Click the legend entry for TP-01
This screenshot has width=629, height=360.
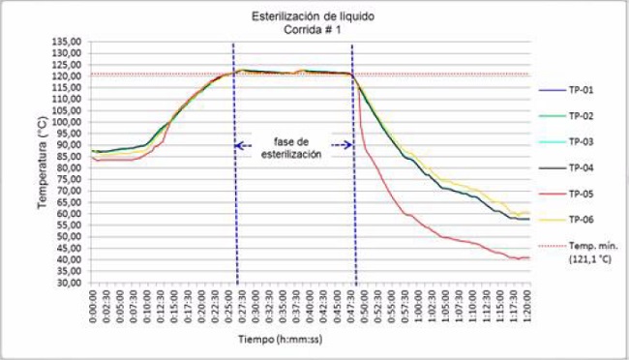[x=580, y=90]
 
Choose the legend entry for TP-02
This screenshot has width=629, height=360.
[x=580, y=116]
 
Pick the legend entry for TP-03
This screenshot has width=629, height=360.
[x=580, y=141]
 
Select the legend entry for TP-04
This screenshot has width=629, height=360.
[x=580, y=167]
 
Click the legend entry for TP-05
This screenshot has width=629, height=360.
[x=580, y=193]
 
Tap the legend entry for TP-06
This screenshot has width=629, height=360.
[x=580, y=219]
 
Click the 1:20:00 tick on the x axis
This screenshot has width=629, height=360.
[x=528, y=308]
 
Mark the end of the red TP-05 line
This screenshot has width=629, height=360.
[x=529, y=257]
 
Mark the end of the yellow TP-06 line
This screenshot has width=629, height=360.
[x=529, y=213]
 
